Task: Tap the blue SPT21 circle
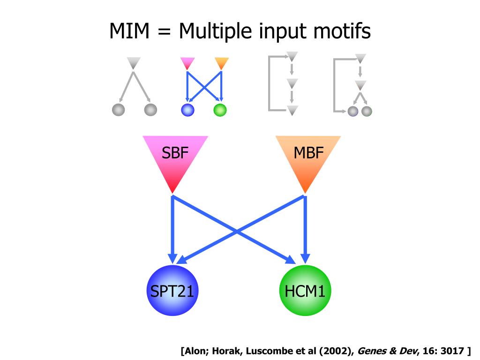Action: (x=172, y=291)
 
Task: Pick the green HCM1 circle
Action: (x=305, y=291)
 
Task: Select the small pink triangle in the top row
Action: (x=187, y=63)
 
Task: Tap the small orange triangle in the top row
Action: (x=221, y=63)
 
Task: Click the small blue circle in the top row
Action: (x=187, y=110)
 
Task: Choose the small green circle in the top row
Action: (x=220, y=110)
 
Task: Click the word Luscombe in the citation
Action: (x=268, y=351)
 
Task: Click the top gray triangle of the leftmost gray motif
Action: (x=134, y=62)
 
